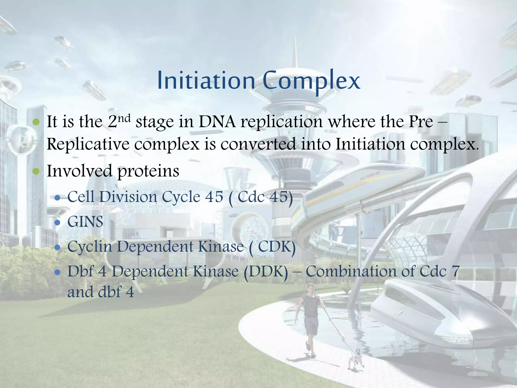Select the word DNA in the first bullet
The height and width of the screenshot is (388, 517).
[217, 122]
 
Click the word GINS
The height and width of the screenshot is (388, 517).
[85, 222]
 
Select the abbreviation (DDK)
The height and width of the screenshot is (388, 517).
[266, 272]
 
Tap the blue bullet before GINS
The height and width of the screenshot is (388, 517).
[58, 223]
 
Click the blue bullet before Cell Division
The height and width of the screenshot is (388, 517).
[58, 197]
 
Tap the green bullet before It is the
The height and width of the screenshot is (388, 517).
[36, 122]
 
